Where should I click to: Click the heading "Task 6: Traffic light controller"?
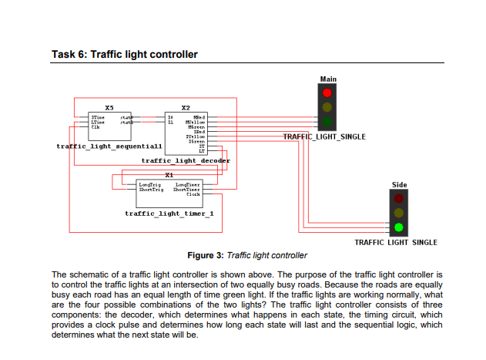(x=124, y=55)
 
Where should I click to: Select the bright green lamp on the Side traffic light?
(x=398, y=227)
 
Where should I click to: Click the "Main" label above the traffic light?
(x=328, y=79)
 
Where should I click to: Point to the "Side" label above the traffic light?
(x=399, y=185)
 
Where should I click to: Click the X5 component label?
(x=109, y=107)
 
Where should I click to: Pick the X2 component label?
(x=185, y=107)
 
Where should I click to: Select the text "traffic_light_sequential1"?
(x=109, y=146)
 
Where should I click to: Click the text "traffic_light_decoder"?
(x=186, y=160)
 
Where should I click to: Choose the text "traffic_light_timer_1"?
(x=169, y=213)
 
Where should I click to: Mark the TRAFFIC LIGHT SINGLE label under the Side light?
(x=395, y=242)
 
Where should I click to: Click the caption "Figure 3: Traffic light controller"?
(x=247, y=255)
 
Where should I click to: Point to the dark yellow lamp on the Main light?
(x=327, y=107)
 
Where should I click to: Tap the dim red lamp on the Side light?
(x=398, y=199)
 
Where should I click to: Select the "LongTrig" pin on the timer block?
(x=149, y=185)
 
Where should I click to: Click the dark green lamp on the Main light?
(x=327, y=121)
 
